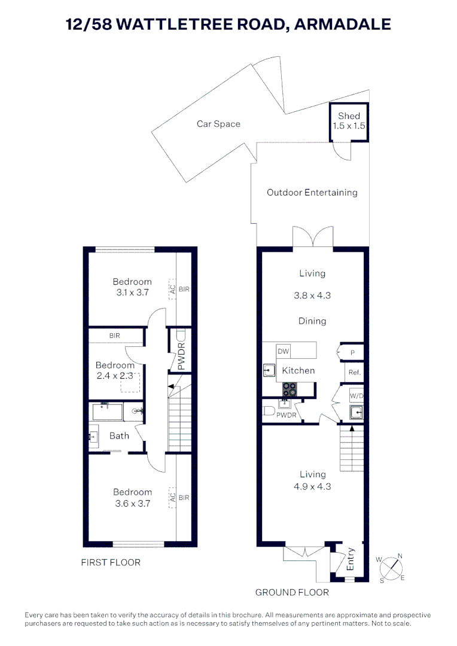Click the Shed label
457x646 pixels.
(349, 116)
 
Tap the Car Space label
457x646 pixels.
(218, 124)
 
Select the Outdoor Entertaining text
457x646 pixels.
(312, 193)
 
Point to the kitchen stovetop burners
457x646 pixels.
(290, 389)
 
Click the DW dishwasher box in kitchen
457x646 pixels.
(283, 352)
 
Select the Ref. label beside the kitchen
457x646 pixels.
(354, 372)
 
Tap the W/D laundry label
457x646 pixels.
(356, 395)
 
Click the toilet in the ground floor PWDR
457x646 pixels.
(269, 410)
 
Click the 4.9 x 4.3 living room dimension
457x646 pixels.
(313, 486)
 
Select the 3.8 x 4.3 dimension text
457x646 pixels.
(312, 295)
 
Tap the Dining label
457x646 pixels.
(312, 321)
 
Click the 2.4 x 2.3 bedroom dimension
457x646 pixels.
(115, 376)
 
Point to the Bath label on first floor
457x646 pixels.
(119, 435)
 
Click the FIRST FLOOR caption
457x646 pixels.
(111, 562)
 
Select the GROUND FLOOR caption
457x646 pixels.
(292, 592)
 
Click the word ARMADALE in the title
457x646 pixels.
(343, 24)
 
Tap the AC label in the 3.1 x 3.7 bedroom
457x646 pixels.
(172, 288)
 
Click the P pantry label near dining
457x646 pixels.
(353, 353)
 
